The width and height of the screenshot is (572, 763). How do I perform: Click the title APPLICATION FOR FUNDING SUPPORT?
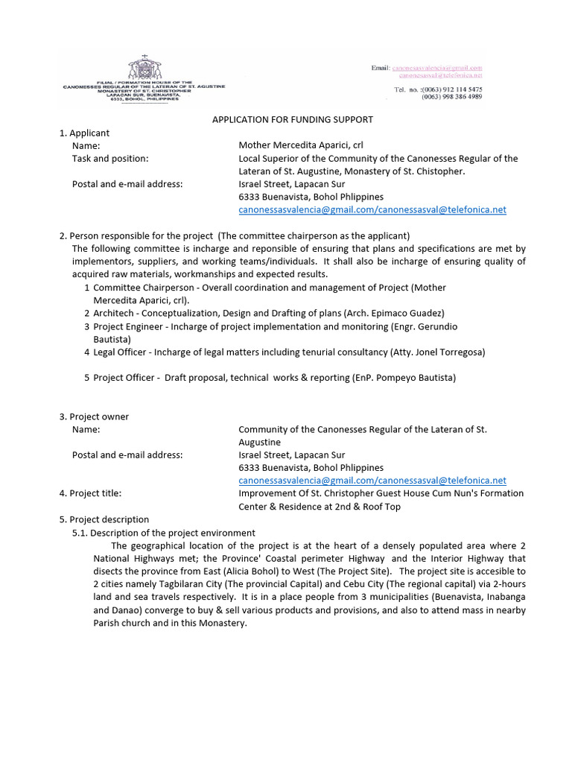pyautogui.click(x=293, y=119)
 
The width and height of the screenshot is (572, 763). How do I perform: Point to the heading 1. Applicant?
pyautogui.click(x=84, y=133)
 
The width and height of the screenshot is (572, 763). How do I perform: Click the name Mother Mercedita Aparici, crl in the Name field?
pyautogui.click(x=301, y=145)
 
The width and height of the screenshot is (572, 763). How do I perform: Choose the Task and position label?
pyautogui.click(x=110, y=158)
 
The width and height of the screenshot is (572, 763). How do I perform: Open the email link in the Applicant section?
pyautogui.click(x=372, y=209)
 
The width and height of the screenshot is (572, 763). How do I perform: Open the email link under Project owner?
pyautogui.click(x=372, y=481)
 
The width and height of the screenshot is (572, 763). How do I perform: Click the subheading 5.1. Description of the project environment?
pyautogui.click(x=164, y=533)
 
